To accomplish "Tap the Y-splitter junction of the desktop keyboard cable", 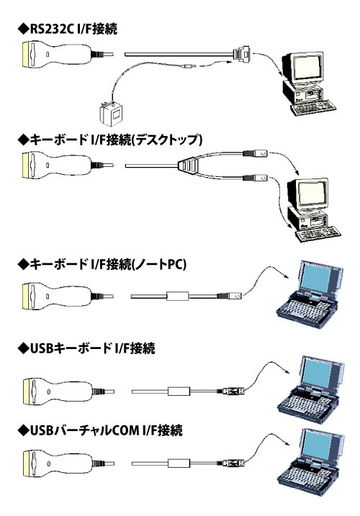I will coord(185,166).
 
